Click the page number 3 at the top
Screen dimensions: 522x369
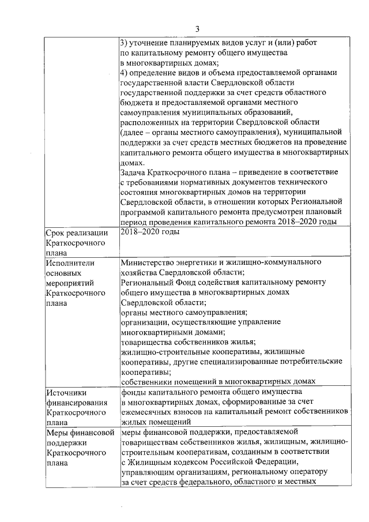(198, 29)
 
